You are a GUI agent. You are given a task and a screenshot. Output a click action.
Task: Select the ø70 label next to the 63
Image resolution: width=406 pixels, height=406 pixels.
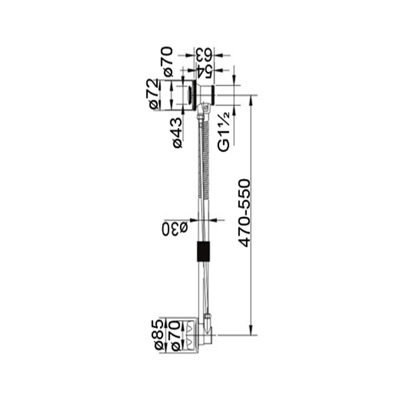point(168,61)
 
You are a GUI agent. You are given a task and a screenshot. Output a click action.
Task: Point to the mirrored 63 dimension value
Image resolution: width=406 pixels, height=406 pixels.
point(205,55)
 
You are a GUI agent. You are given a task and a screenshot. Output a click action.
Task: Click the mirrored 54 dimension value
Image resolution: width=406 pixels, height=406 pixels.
point(205,71)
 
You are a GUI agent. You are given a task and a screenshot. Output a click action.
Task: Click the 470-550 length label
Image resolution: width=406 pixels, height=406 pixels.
point(245,213)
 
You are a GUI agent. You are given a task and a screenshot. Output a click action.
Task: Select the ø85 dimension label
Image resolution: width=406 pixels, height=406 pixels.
point(160,335)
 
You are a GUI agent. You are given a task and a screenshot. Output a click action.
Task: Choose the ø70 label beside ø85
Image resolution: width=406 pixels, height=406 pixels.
point(175,335)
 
